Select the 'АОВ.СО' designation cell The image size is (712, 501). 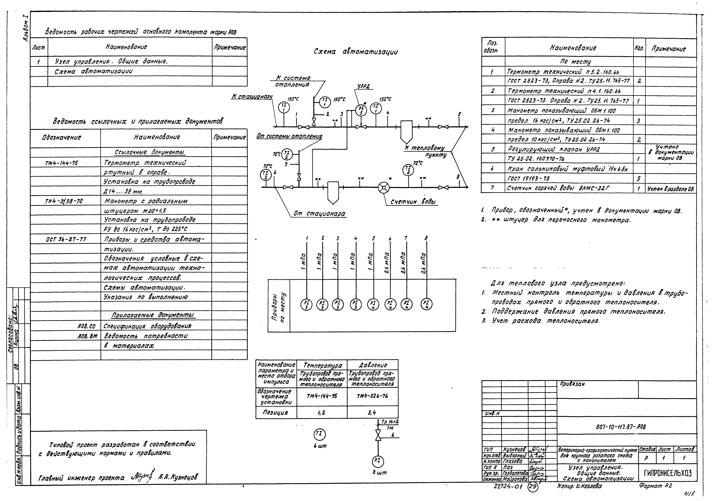[x=87, y=326]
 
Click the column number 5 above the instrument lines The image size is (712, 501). [x=373, y=238]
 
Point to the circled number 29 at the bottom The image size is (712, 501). [x=532, y=487]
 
